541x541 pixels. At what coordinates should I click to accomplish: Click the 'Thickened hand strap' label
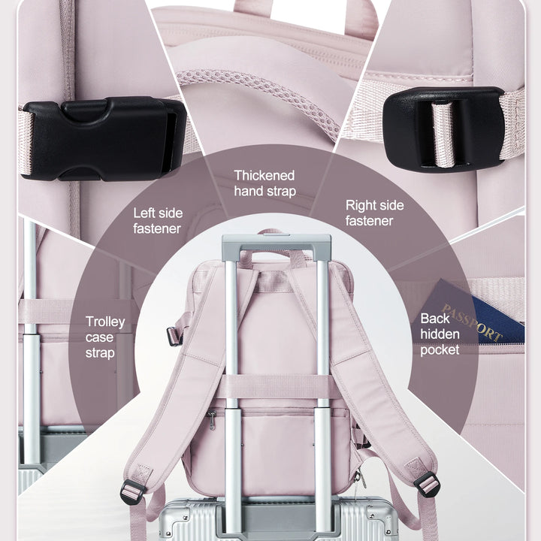(264, 183)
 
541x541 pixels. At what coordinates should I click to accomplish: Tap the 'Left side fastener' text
(158, 220)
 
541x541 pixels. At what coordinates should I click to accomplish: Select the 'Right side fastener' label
(375, 213)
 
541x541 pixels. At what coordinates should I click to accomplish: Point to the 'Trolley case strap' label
(105, 337)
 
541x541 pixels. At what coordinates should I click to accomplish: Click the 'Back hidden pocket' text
(440, 334)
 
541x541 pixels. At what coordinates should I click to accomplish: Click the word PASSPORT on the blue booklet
(472, 322)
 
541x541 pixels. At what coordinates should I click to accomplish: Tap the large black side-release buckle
(104, 139)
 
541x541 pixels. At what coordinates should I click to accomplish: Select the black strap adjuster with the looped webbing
(443, 128)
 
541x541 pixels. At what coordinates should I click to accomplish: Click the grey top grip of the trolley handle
(277, 241)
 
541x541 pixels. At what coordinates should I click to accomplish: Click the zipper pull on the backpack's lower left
(211, 420)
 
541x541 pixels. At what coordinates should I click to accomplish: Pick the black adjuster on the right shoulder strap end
(427, 484)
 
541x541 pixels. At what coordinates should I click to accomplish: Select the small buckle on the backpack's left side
(174, 337)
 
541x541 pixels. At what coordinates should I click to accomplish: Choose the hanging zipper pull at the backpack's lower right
(360, 479)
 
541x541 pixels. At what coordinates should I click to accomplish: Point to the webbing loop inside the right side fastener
(444, 133)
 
